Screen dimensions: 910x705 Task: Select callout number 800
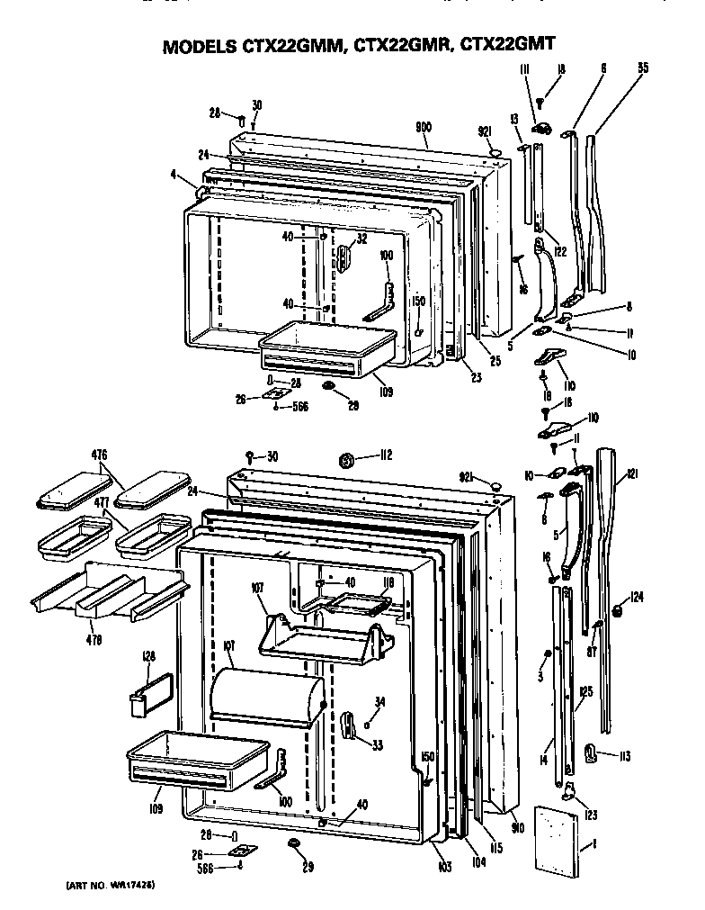pos(424,127)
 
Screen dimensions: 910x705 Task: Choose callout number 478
pos(94,640)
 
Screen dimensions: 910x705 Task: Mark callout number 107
pos(258,588)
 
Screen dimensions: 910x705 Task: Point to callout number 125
pos(585,692)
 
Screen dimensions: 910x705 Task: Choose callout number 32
pos(362,239)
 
